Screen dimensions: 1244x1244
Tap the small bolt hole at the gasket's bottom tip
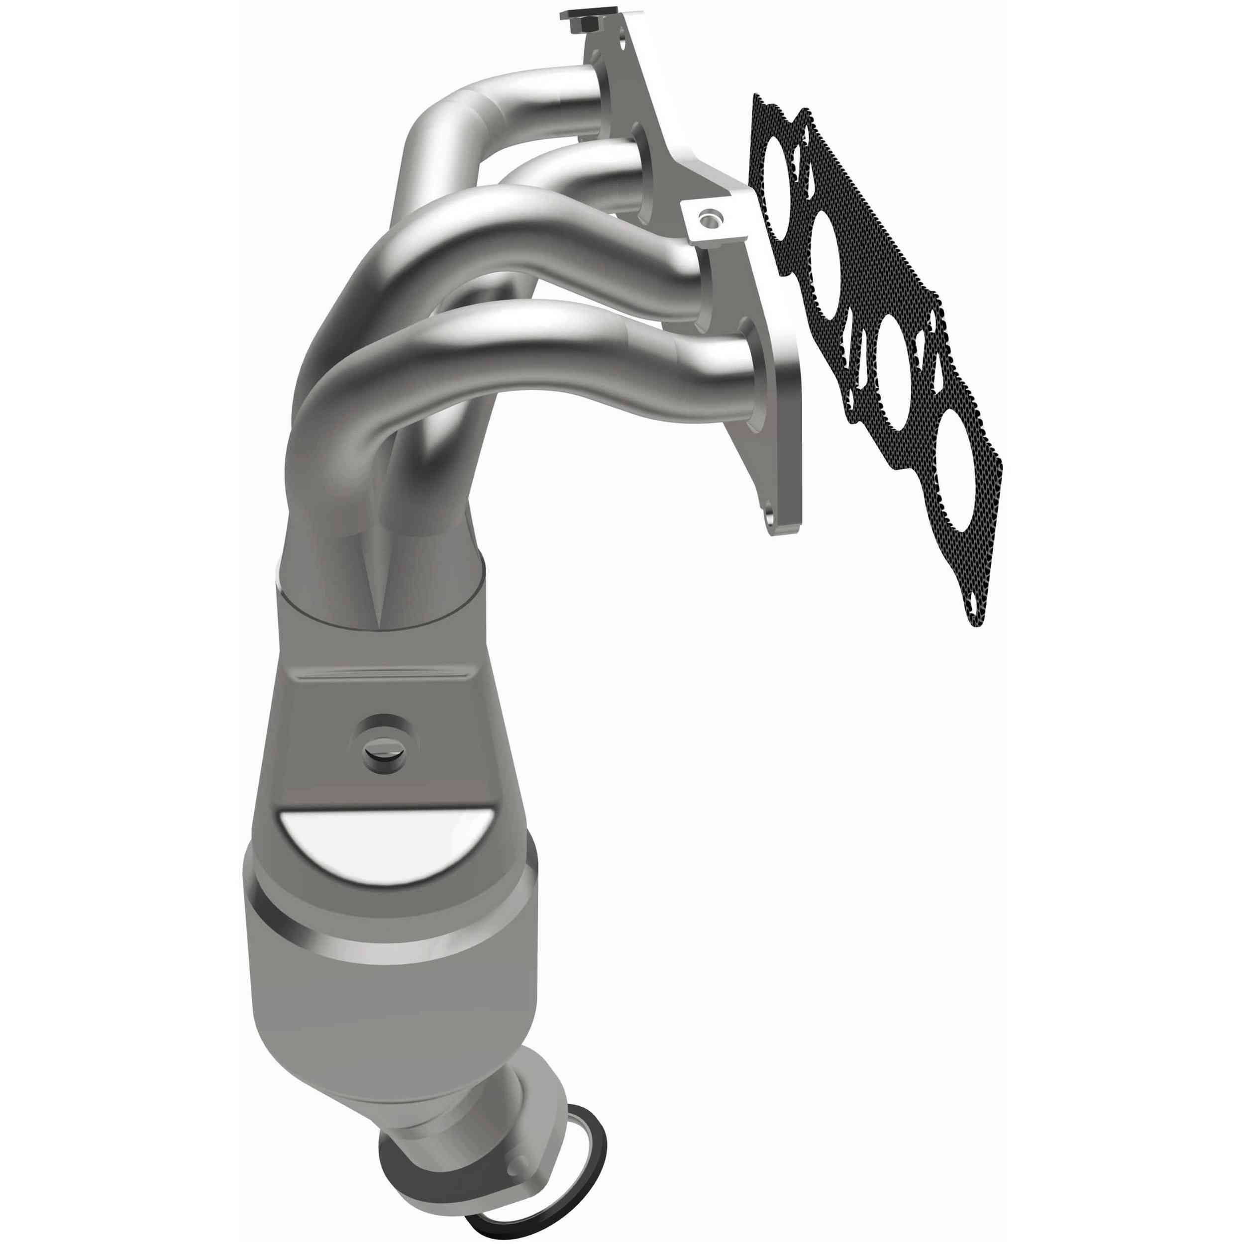[x=975, y=605]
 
